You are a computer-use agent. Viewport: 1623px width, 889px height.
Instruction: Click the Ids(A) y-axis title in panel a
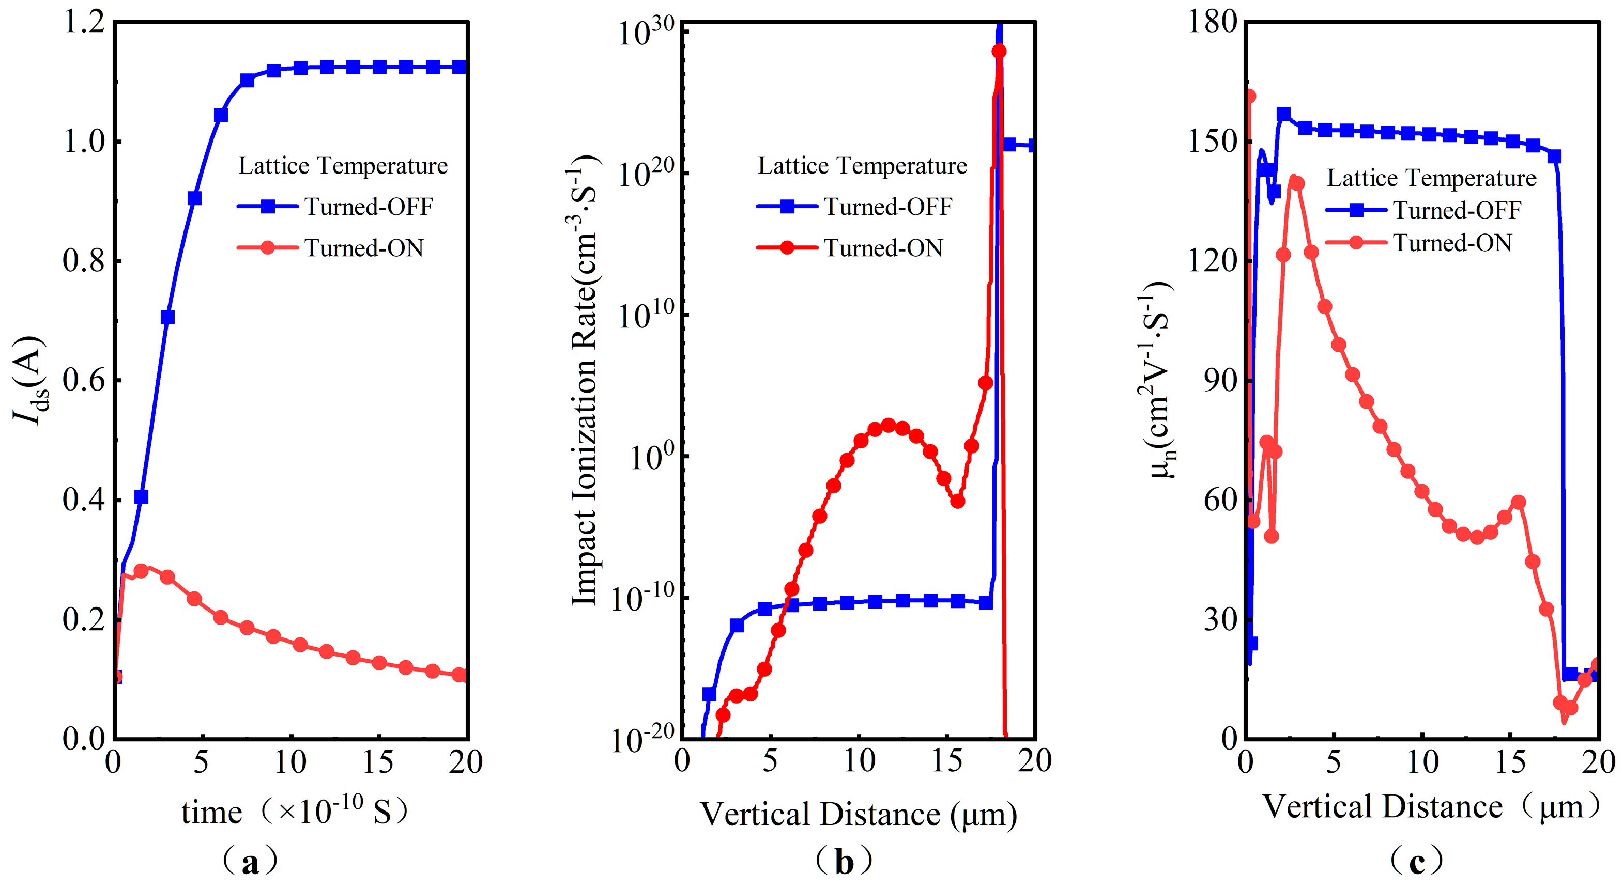click(28, 381)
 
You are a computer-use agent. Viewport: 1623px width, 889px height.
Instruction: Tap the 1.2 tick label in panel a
click(84, 23)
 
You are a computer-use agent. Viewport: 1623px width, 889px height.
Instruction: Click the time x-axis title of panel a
click(294, 812)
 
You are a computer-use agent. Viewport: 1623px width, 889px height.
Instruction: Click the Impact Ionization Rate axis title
click(584, 381)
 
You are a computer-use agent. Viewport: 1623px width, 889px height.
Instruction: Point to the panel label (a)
click(250, 861)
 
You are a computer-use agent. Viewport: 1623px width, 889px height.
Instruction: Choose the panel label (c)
click(1416, 861)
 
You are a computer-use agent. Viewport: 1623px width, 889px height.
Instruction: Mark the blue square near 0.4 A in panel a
click(141, 497)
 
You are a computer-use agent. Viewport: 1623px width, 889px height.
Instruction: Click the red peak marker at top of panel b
click(999, 51)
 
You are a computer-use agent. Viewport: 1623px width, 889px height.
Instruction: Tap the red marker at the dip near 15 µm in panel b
click(957, 501)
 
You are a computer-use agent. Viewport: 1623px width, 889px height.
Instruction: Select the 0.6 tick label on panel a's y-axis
click(84, 381)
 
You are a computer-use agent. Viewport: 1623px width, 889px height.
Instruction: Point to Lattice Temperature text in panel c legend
click(1431, 178)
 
